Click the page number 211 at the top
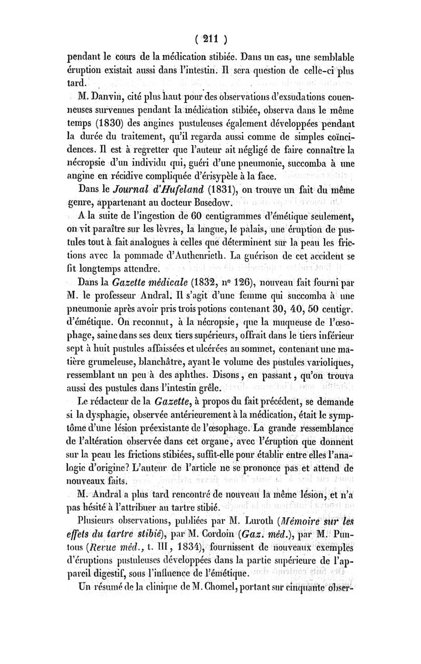(x=210, y=38)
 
